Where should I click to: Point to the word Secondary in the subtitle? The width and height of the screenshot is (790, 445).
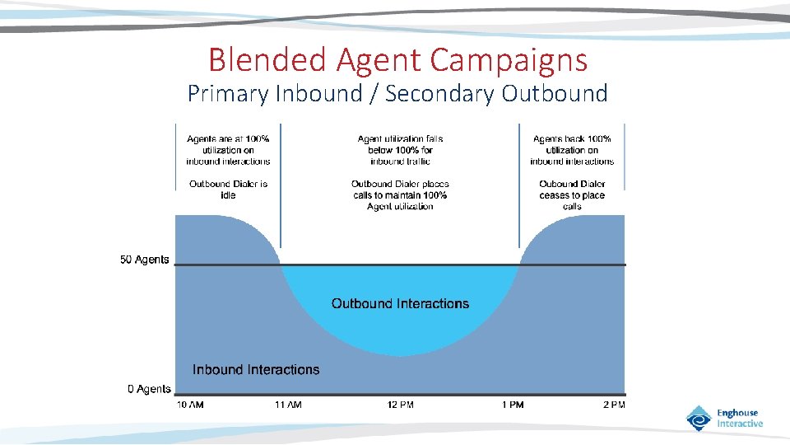pyautogui.click(x=439, y=93)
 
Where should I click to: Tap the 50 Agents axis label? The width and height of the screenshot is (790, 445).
pyautogui.click(x=145, y=260)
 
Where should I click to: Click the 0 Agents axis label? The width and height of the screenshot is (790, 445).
pyautogui.click(x=149, y=389)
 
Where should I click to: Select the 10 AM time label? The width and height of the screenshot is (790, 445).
pyautogui.click(x=190, y=405)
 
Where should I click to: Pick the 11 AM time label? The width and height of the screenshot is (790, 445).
pyautogui.click(x=287, y=405)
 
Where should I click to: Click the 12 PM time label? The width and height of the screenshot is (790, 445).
pyautogui.click(x=401, y=405)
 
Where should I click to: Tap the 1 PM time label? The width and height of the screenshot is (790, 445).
pyautogui.click(x=513, y=405)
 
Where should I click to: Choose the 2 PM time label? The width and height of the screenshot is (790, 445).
pyautogui.click(x=613, y=405)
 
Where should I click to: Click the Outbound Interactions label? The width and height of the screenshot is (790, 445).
pyautogui.click(x=400, y=303)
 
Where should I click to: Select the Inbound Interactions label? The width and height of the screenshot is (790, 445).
pyautogui.click(x=256, y=369)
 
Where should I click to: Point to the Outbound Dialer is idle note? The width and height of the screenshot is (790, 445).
pyautogui.click(x=228, y=190)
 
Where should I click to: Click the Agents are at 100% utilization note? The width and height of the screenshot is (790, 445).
pyautogui.click(x=228, y=150)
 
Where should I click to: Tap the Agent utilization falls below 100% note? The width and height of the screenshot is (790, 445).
pyautogui.click(x=400, y=150)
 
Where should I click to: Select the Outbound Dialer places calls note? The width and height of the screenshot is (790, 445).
pyautogui.click(x=400, y=195)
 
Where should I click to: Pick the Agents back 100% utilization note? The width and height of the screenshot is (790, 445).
pyautogui.click(x=572, y=150)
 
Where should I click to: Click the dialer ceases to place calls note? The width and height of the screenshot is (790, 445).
pyautogui.click(x=572, y=195)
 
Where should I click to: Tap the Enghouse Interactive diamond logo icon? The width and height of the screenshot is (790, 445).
pyautogui.click(x=699, y=418)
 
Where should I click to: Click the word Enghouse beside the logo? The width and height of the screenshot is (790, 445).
pyautogui.click(x=737, y=413)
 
